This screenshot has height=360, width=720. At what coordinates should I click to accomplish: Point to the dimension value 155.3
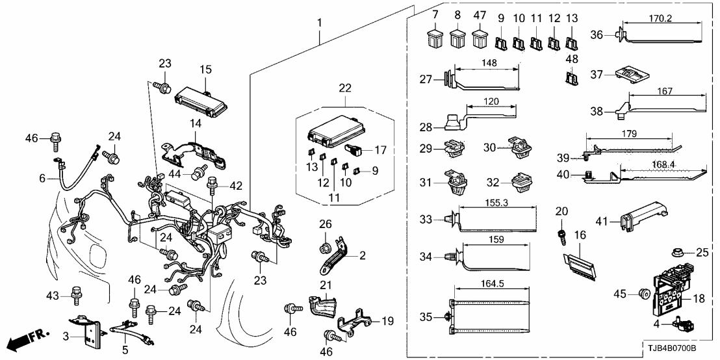click(x=496, y=203)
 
